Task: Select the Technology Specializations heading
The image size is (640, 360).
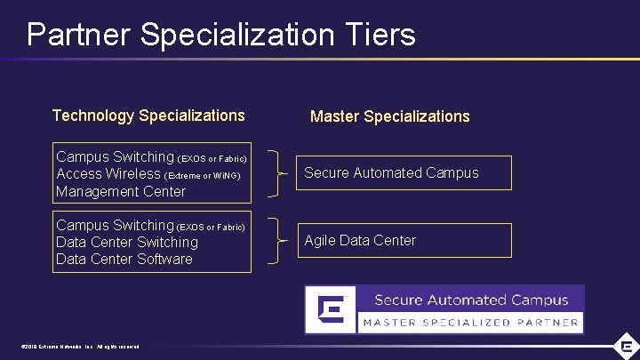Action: (148, 116)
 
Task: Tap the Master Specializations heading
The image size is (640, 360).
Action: (389, 116)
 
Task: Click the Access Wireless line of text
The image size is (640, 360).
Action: (108, 174)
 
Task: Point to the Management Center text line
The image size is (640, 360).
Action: (121, 191)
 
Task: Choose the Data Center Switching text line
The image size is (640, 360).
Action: (127, 242)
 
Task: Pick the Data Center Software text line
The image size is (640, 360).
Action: (124, 260)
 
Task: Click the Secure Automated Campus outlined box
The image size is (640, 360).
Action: (404, 173)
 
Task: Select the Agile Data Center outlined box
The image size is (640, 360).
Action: (404, 240)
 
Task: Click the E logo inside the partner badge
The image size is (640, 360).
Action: (331, 308)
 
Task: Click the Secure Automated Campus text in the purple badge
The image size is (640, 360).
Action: (470, 300)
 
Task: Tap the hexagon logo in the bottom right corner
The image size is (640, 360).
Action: (627, 346)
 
